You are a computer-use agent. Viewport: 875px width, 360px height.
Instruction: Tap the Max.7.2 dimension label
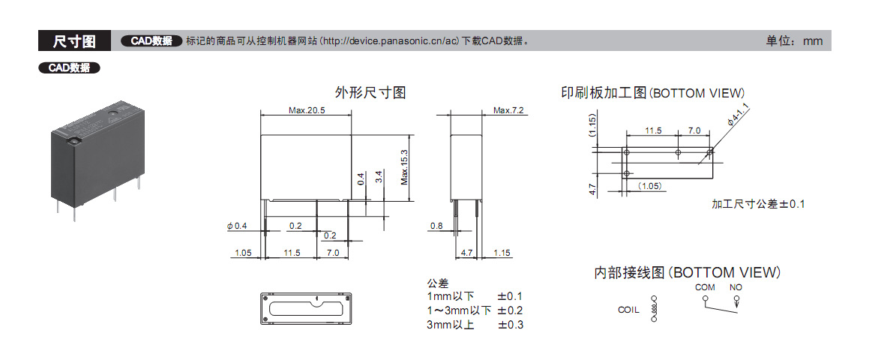pos(508,110)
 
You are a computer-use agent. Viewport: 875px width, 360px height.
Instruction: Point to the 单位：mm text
pos(794,41)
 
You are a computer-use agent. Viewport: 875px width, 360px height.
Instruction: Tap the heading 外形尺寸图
pos(370,93)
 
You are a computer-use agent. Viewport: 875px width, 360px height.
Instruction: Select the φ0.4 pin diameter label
pos(237,226)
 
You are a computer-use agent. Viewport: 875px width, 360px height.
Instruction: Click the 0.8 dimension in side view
pos(436,226)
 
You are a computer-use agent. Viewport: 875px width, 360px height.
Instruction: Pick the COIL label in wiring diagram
pos(628,310)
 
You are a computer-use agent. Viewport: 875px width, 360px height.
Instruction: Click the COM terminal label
pos(705,287)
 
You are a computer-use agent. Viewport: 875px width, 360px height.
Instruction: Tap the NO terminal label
pos(736,287)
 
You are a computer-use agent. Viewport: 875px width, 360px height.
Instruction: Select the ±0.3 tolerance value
pos(510,325)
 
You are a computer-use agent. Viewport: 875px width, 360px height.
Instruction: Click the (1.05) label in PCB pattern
pos(650,185)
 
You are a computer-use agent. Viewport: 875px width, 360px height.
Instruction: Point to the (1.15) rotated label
pos(592,124)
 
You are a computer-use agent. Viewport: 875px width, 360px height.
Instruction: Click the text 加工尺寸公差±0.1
pos(758,204)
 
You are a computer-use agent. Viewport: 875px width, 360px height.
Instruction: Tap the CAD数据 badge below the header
pos(69,67)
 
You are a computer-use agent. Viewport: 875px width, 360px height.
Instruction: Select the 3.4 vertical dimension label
pos(379,178)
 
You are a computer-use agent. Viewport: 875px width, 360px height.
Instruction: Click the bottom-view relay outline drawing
pos(306,307)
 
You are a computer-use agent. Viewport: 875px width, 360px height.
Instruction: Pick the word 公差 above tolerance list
pos(438,283)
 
